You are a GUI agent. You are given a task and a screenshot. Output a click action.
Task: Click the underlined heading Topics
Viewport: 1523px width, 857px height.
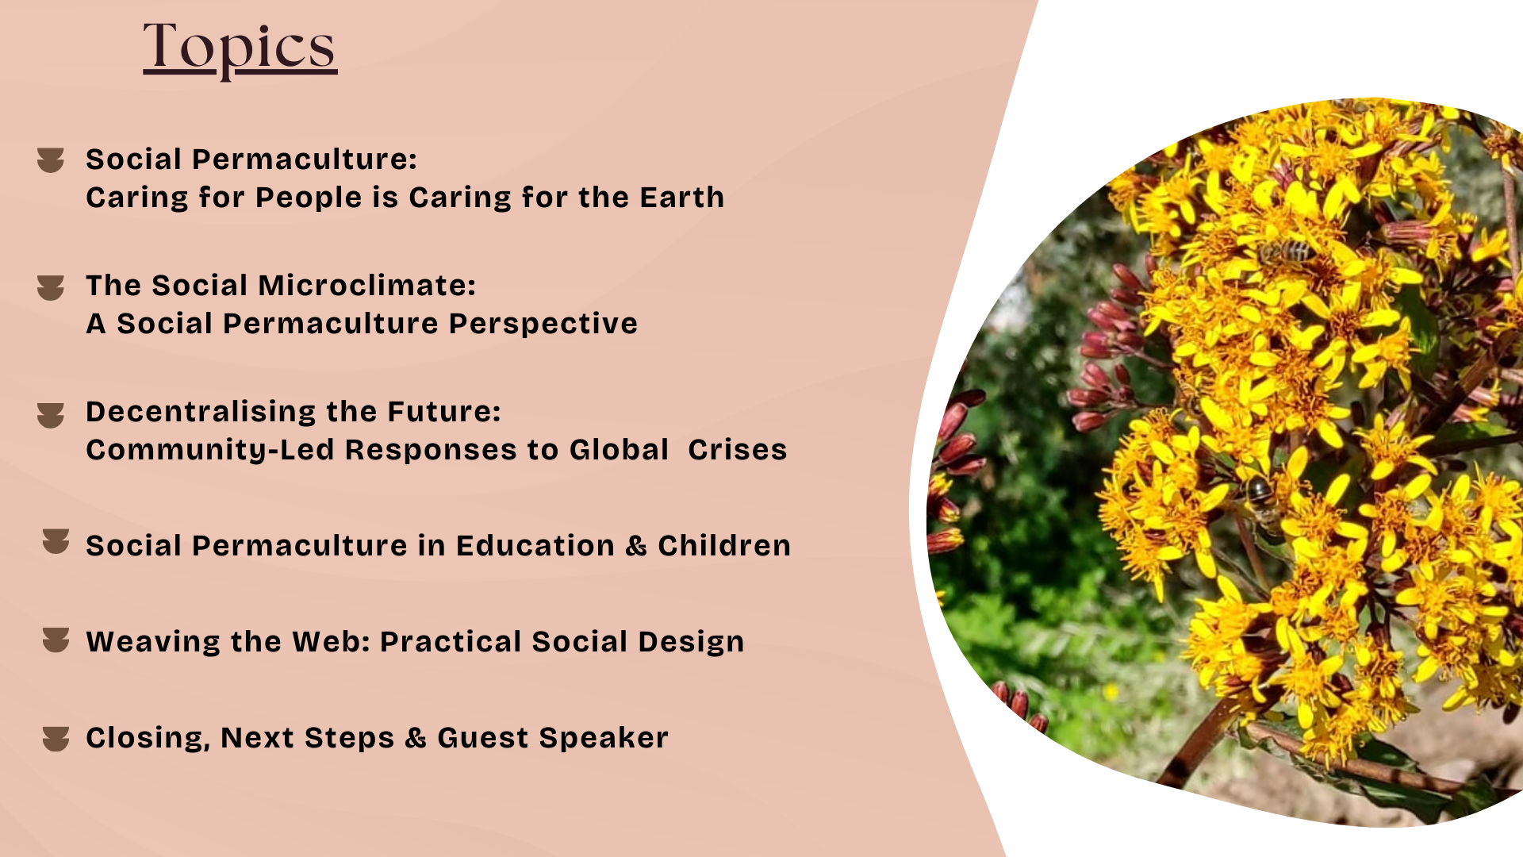click(240, 49)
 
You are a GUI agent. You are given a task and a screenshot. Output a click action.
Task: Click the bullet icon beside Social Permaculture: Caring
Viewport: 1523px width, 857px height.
click(51, 160)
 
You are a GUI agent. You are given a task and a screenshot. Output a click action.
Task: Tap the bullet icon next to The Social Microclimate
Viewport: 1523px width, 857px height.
click(51, 288)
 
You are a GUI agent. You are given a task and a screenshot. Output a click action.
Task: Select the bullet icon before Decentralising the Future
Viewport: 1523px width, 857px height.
click(51, 415)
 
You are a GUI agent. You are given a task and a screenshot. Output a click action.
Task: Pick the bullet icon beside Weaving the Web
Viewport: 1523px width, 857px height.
click(56, 640)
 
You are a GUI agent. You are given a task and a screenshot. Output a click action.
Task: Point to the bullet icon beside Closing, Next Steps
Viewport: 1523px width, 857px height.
click(56, 739)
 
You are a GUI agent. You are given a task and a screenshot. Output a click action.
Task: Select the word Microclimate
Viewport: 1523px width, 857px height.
click(367, 285)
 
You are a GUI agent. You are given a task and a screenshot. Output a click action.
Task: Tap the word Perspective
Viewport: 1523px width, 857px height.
click(543, 323)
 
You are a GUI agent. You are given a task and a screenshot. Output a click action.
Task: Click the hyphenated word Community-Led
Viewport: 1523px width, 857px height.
click(210, 450)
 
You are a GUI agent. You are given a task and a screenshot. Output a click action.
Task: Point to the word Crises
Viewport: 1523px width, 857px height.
click(738, 450)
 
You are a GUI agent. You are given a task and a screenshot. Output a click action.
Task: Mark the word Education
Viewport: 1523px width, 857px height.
click(535, 546)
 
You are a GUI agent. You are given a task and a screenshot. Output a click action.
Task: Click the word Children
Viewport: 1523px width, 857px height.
click(724, 546)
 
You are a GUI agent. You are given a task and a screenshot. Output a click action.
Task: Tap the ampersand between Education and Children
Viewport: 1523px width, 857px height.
click(636, 546)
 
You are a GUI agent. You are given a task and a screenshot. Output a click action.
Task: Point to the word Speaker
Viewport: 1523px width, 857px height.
click(604, 738)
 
